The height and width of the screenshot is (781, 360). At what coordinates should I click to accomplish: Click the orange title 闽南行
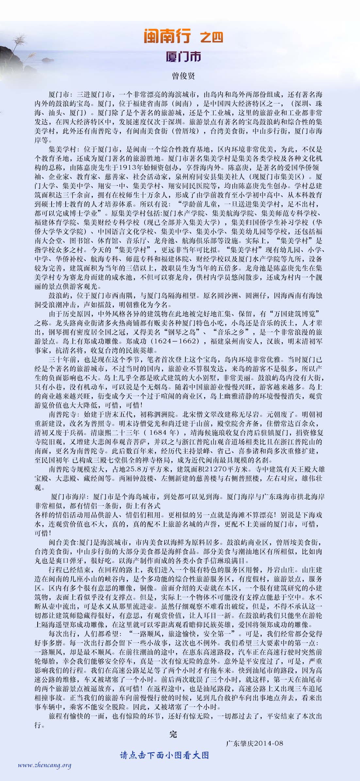click(167, 36)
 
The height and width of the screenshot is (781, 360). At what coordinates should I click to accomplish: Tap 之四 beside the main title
click(211, 37)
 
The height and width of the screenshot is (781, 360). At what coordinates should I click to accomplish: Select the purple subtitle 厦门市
click(183, 56)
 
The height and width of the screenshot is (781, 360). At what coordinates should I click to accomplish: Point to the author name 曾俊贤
click(183, 76)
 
